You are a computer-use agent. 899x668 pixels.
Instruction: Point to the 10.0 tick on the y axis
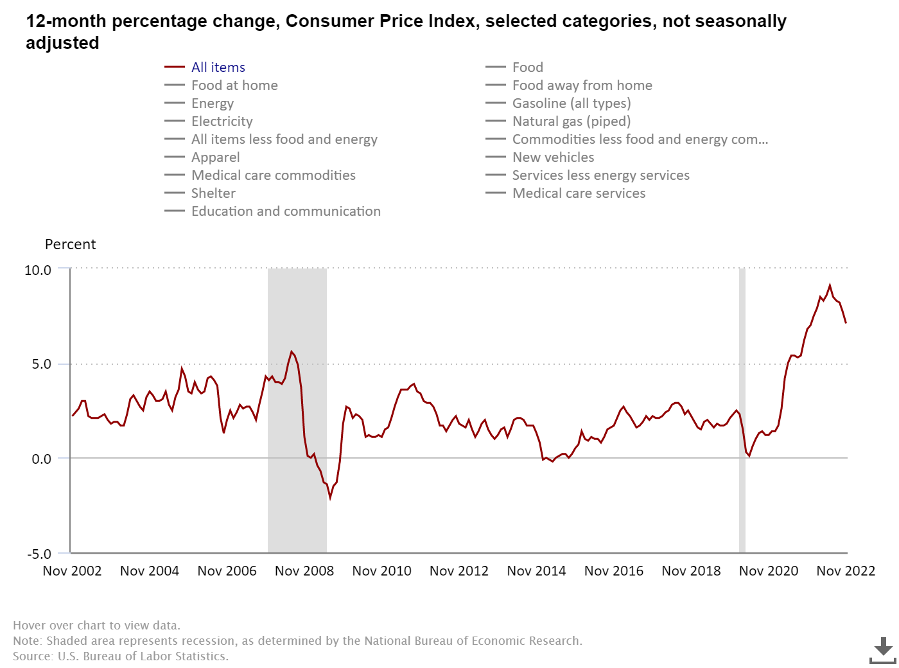pos(38,270)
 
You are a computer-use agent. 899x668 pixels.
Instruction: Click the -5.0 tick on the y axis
pos(39,554)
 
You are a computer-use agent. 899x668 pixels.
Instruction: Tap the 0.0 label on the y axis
pos(41,459)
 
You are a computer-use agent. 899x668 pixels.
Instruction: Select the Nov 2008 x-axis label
pos(304,571)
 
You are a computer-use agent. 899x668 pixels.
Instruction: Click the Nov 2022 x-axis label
pos(846,571)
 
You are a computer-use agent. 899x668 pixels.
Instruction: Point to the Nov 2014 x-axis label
pos(536,571)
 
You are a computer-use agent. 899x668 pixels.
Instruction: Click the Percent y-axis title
pos(70,245)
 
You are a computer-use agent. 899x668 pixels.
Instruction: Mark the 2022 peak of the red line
pos(830,285)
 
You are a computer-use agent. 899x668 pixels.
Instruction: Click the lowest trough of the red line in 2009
pos(330,497)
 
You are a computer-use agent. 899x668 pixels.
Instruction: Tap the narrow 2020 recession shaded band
pos(742,411)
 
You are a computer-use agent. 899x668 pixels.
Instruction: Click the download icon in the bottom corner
pos(883,650)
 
